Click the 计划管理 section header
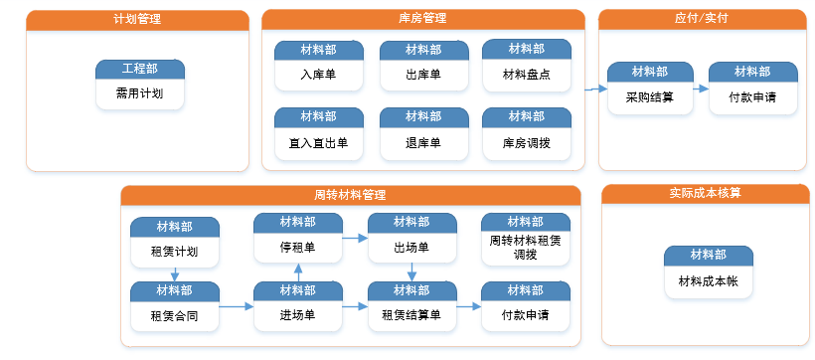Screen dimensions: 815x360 tap(137, 20)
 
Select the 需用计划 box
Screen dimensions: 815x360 tap(140, 85)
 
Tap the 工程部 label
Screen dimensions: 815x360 tap(140, 69)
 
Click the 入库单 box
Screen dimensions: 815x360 tap(319, 66)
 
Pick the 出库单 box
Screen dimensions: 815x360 tap(423, 66)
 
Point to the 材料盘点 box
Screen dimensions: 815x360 tap(527, 65)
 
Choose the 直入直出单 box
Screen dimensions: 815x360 tap(319, 133)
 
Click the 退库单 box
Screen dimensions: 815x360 tap(423, 133)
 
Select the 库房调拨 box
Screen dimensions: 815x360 tap(527, 133)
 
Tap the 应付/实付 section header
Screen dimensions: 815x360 tap(705, 19)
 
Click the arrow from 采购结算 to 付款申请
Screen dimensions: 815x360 tap(701, 89)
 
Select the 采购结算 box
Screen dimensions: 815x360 tap(650, 88)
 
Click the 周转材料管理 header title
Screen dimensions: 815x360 tap(350, 196)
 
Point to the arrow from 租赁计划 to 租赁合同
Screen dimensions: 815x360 tap(175, 274)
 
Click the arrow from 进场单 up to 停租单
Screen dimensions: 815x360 tap(298, 272)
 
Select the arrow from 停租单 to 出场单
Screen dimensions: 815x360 tap(355, 239)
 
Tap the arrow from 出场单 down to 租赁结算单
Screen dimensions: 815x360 tap(411, 271)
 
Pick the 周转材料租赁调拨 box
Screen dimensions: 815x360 tap(526, 240)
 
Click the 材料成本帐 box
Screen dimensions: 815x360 tap(709, 272)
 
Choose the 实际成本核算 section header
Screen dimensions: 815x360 tap(706, 194)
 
